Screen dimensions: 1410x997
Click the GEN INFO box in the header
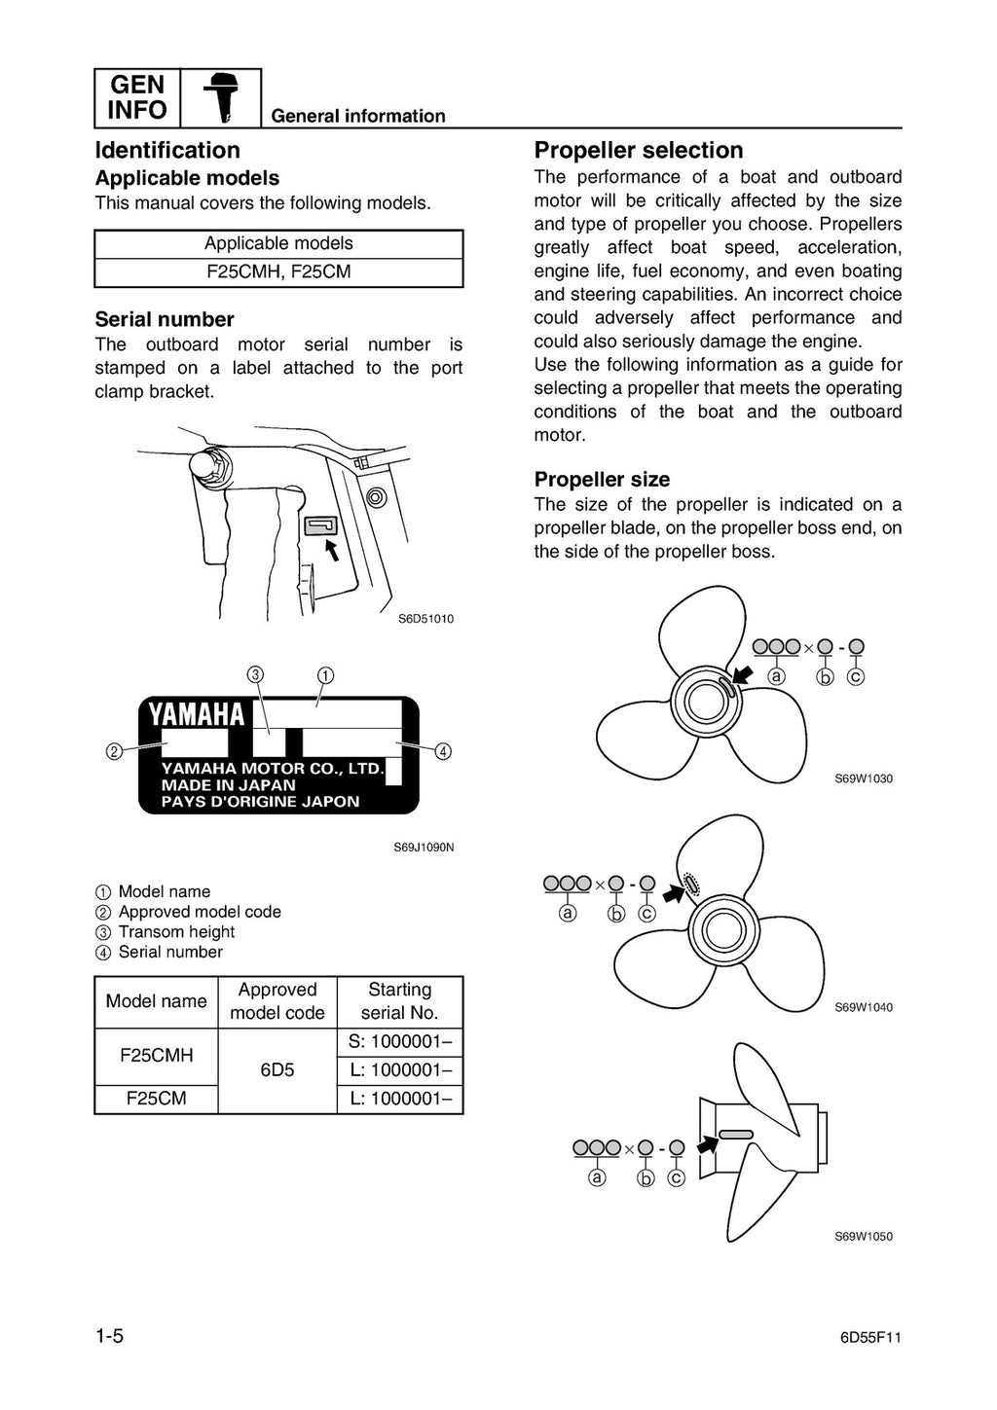click(x=137, y=97)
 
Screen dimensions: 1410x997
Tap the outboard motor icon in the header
click(x=221, y=98)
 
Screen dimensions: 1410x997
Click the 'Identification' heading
click(x=167, y=150)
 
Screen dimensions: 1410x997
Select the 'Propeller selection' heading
click(x=638, y=150)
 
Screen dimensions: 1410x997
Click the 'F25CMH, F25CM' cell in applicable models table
click(x=278, y=271)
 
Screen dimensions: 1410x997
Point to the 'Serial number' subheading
click(x=165, y=319)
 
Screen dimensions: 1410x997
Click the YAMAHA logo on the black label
click(x=197, y=715)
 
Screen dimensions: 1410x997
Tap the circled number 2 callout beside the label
click(x=114, y=751)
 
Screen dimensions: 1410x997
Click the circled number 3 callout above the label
click(x=255, y=674)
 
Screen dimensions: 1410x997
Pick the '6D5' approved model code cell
click(x=277, y=1069)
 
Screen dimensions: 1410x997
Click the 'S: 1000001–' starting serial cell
click(x=399, y=1041)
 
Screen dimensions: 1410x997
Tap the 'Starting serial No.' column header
click(x=399, y=1001)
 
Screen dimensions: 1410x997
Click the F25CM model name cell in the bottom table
click(x=156, y=1099)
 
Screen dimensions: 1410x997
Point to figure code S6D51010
click(x=425, y=619)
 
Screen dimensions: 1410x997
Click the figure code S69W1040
click(x=864, y=1007)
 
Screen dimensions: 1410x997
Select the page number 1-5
click(x=109, y=1336)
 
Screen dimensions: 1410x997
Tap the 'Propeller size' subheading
click(x=602, y=479)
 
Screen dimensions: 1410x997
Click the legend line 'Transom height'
click(x=176, y=931)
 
